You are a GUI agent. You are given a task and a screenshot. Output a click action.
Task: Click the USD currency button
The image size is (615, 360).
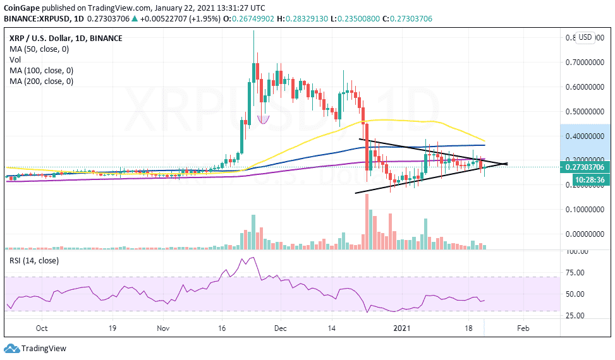(x=585, y=37)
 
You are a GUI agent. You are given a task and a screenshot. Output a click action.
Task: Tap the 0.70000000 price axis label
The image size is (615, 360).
(x=587, y=63)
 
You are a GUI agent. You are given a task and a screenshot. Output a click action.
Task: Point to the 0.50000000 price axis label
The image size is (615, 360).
(x=587, y=111)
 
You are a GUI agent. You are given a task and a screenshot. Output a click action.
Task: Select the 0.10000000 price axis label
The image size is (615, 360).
(x=587, y=209)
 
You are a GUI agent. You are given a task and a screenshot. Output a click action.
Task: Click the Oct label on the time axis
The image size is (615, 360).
(x=42, y=328)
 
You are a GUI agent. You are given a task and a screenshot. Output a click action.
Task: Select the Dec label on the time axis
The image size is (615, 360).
(x=281, y=328)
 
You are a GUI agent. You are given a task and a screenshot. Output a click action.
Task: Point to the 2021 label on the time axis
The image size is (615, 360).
(x=403, y=328)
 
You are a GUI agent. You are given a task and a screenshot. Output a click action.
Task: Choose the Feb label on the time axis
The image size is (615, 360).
(x=523, y=328)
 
